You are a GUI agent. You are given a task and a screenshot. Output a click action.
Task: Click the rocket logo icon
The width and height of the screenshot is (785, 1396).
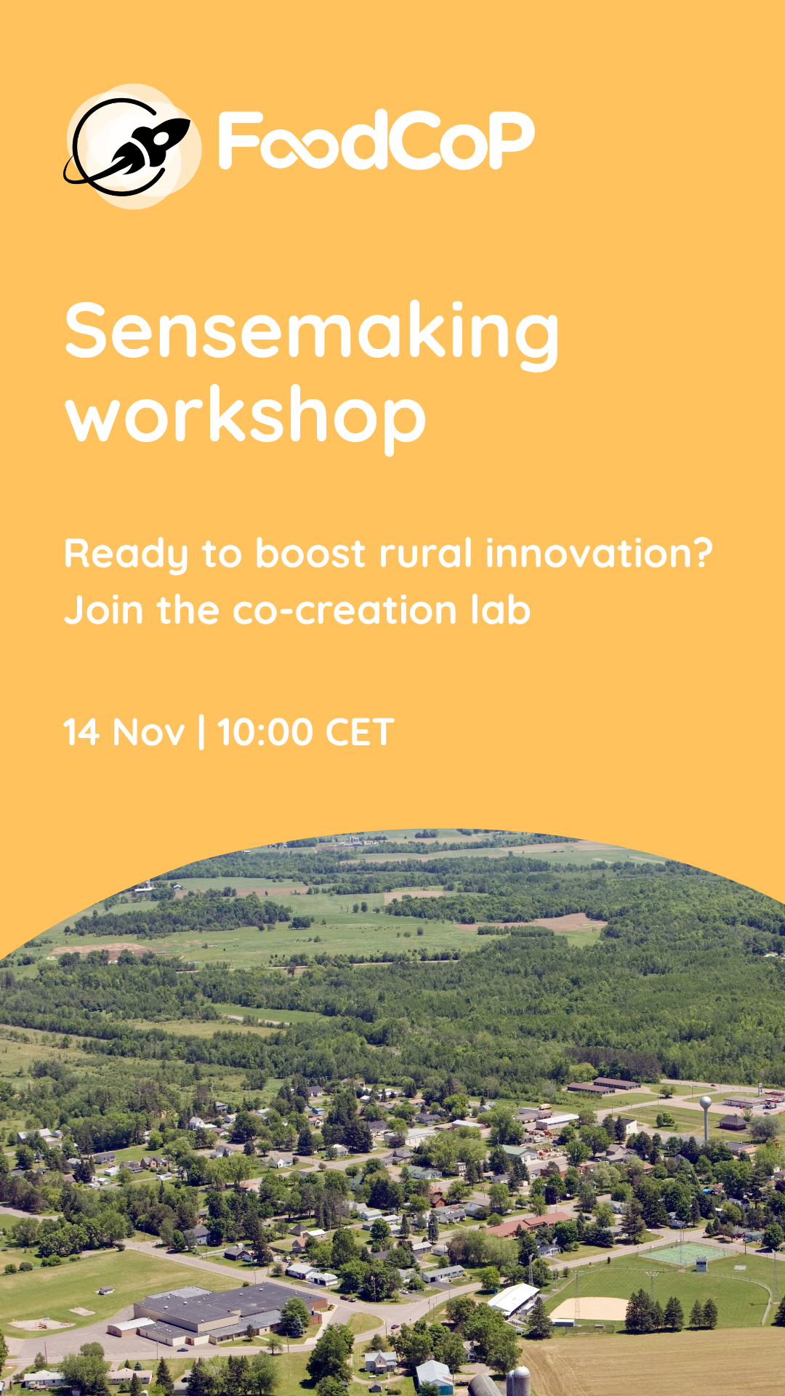point(131,145)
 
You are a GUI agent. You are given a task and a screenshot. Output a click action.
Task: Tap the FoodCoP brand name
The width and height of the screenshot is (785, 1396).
point(377,140)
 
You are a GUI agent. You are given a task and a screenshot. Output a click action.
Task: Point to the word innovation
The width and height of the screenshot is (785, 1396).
point(599,553)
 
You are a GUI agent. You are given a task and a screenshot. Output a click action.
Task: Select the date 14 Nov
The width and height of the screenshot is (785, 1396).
point(124,731)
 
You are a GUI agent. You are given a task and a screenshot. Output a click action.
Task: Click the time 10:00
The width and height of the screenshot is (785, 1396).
point(265,731)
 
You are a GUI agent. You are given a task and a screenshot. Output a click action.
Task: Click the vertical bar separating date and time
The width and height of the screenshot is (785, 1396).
point(201,731)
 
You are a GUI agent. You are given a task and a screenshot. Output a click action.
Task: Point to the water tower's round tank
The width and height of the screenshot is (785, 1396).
point(705,1104)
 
